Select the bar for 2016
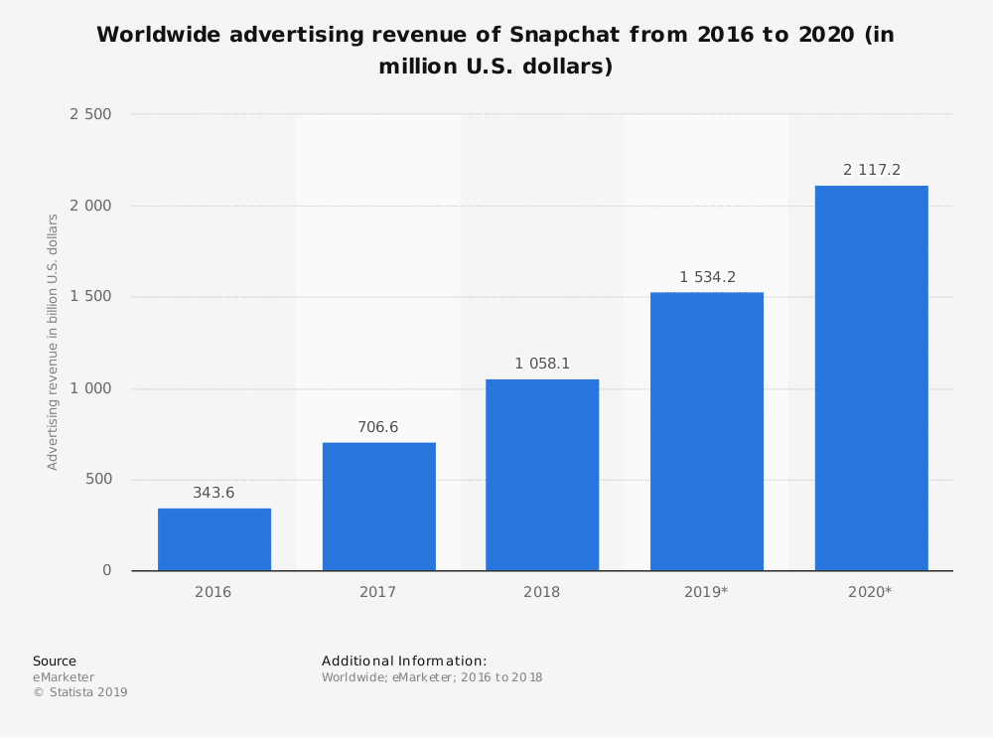214,539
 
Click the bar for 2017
379,507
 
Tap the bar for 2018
542,475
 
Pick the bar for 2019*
707,431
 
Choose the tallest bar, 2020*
871,377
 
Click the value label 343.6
213,493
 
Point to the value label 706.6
378,427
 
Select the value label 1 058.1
542,364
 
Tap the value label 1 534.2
707,277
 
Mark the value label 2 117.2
872,170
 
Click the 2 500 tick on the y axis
90,114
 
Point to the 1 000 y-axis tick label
90,388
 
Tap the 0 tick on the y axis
106,571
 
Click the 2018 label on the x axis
542,592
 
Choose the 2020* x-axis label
870,592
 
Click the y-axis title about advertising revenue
53,342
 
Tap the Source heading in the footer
55,662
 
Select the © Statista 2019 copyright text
80,692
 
